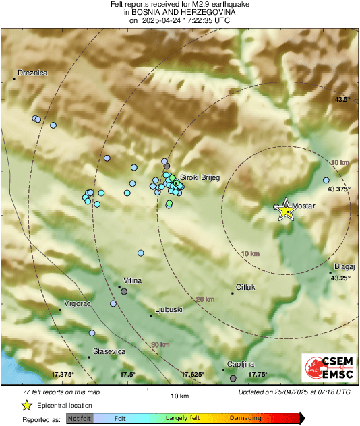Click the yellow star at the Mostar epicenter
pos(287,210)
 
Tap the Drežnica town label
pos(32,73)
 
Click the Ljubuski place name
pos(169,310)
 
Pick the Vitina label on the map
pos(133,280)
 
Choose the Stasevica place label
pos(109,351)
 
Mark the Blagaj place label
pos(344,267)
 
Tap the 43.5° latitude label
pos(343,100)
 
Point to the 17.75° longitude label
pos(258,375)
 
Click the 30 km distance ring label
pos(160,345)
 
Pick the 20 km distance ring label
pos(205,299)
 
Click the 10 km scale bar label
pos(179,395)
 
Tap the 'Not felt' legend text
pos(80,419)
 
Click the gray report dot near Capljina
pos(233,379)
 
